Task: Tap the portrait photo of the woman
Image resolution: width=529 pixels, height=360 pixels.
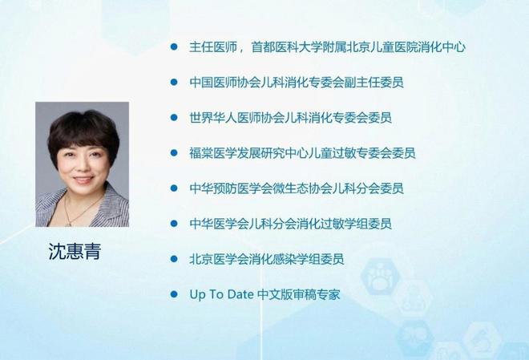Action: coord(82,164)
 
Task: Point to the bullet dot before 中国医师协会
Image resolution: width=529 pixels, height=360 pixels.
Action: coord(173,82)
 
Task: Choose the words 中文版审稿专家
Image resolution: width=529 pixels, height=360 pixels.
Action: coord(299,295)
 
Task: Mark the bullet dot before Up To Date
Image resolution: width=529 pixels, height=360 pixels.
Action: coord(173,294)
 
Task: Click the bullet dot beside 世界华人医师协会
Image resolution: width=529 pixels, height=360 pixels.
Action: coord(173,117)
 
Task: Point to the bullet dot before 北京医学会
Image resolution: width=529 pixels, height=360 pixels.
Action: coord(173,259)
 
